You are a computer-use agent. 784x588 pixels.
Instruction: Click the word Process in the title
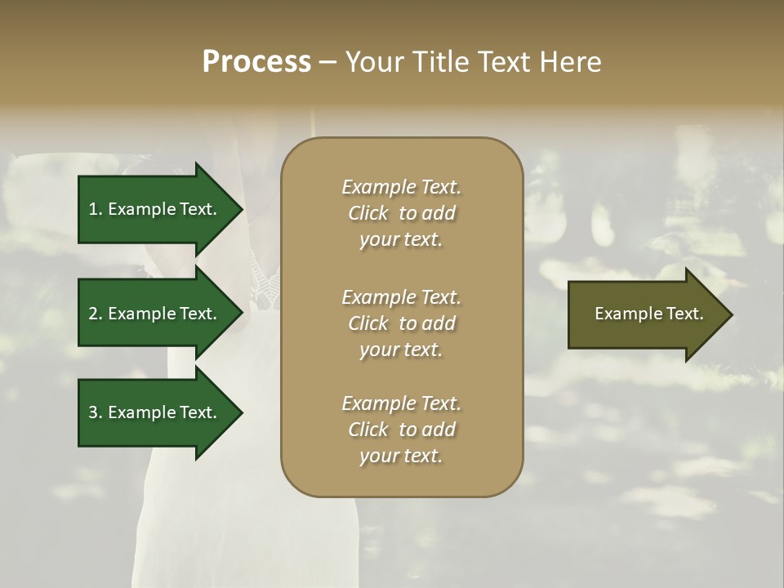pos(256,62)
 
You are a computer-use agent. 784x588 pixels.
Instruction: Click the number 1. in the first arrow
pos(96,209)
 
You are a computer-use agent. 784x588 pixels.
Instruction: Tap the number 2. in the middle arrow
pos(96,314)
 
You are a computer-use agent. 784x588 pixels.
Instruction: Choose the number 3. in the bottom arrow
pos(96,412)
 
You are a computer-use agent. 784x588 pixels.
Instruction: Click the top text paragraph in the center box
pos(401,213)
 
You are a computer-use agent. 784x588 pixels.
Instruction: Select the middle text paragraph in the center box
pos(401,323)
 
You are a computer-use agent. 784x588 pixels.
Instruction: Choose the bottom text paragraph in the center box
pos(401,430)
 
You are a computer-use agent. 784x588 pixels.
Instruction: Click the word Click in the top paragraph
pos(368,213)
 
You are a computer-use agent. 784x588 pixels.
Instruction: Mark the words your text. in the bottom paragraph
pos(401,456)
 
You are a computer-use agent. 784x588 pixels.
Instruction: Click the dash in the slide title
pos(327,62)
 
